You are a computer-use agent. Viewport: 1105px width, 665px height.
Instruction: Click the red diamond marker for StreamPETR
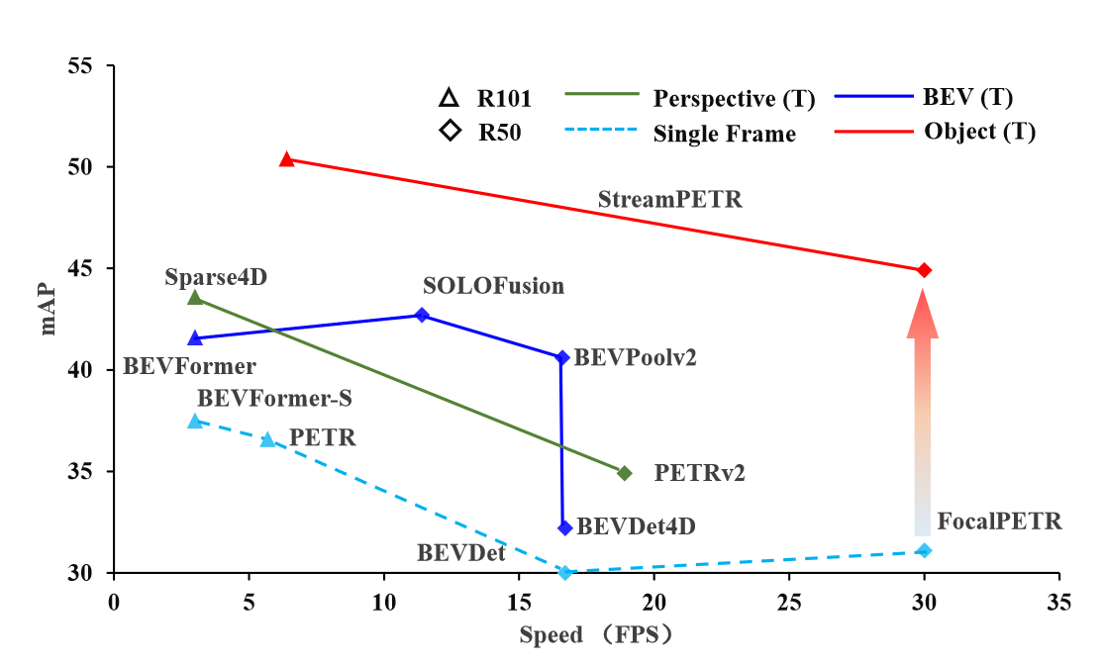coord(925,270)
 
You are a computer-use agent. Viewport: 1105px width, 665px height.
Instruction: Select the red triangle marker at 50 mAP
coord(287,159)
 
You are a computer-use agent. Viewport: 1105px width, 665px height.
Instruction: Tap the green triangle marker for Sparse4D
coord(195,297)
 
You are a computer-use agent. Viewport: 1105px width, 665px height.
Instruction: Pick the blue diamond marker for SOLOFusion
coord(423,315)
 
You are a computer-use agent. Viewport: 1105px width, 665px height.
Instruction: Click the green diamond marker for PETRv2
coord(624,473)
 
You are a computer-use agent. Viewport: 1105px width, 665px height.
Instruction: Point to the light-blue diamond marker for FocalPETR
coord(925,550)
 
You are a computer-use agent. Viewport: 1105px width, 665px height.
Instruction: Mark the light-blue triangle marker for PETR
coord(267,439)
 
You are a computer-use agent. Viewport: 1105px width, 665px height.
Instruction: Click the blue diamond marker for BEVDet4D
coord(565,527)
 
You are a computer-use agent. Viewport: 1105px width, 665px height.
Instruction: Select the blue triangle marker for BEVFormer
coord(195,338)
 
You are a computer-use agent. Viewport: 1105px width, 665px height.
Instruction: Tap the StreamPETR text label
coord(669,199)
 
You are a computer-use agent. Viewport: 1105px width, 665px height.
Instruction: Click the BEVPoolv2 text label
coord(635,357)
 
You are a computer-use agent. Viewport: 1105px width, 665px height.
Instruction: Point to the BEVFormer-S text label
coord(275,399)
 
